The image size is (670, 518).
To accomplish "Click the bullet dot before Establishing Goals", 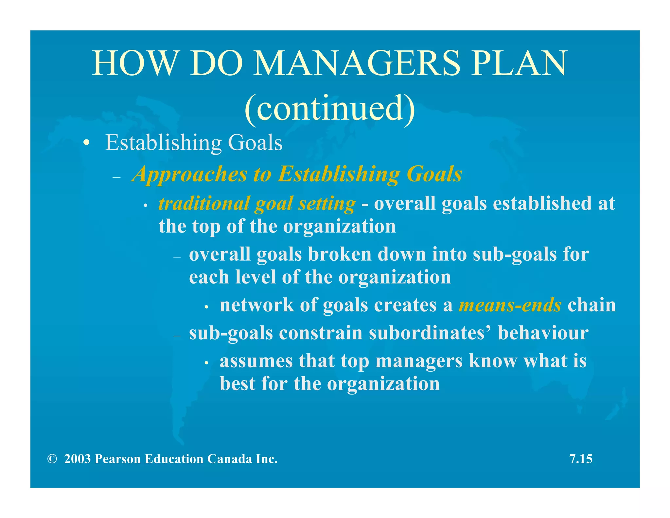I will pyautogui.click(x=86, y=143).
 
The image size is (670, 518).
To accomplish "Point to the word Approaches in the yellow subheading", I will pyautogui.click(x=189, y=174).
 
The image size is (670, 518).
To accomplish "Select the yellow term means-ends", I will pyautogui.click(x=510, y=305).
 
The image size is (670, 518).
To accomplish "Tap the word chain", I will pyautogui.click(x=591, y=305).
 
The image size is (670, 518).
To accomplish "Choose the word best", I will pyautogui.click(x=237, y=383).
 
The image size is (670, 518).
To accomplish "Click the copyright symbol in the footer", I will pyautogui.click(x=52, y=459).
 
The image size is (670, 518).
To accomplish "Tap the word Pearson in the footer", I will pyautogui.click(x=118, y=459).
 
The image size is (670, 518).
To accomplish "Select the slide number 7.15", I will pyautogui.click(x=581, y=459).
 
